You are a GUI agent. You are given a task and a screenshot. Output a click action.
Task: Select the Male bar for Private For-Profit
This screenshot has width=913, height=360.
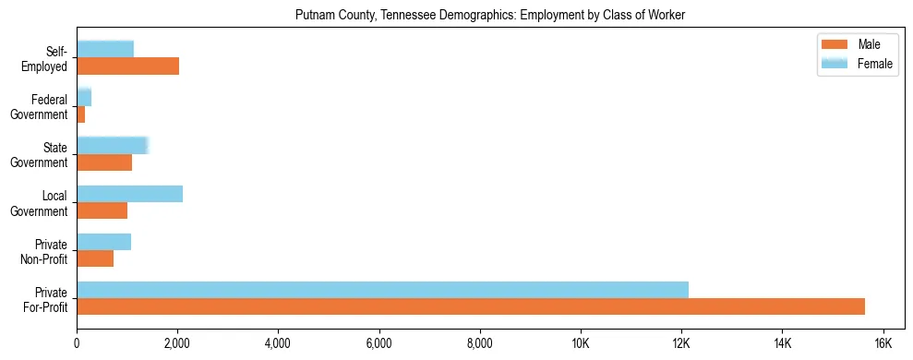point(471,306)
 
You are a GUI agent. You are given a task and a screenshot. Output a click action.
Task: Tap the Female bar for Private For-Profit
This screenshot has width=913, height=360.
point(382,290)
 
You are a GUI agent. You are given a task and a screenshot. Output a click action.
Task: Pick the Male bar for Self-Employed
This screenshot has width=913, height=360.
point(127,66)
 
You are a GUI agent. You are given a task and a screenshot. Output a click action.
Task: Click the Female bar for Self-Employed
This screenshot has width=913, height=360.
point(105,49)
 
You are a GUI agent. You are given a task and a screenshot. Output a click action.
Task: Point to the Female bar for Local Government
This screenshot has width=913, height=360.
point(129,194)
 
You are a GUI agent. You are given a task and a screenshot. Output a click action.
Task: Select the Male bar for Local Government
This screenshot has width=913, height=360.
point(102,210)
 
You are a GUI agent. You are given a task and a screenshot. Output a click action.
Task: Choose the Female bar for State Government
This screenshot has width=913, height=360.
point(112,145)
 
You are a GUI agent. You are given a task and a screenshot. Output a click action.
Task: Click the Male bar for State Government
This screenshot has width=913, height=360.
point(104,162)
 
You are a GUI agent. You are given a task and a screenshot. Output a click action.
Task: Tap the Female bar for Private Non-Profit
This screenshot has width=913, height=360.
point(103,242)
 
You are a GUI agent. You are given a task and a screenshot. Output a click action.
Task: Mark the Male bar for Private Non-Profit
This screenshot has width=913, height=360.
point(95,258)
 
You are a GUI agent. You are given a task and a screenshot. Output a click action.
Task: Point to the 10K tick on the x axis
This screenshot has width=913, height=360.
point(581,343)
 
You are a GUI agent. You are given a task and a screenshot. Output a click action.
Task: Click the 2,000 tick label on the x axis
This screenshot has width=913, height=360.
point(177,343)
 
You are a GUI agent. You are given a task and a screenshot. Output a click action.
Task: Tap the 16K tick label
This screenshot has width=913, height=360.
point(883,343)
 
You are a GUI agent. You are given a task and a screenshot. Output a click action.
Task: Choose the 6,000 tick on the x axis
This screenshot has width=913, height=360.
point(378,343)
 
